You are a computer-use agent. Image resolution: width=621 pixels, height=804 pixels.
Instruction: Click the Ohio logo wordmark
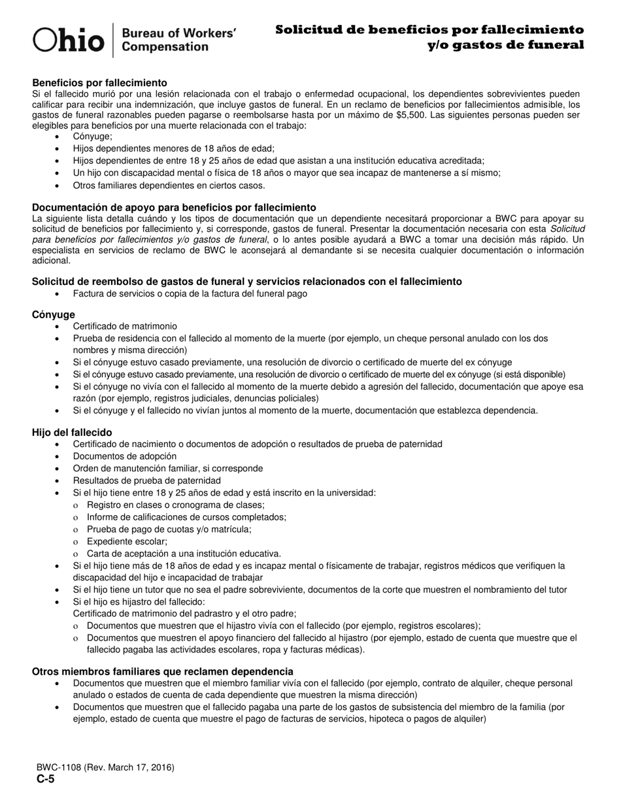(x=69, y=40)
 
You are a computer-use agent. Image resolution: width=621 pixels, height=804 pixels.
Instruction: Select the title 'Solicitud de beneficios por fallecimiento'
(x=429, y=29)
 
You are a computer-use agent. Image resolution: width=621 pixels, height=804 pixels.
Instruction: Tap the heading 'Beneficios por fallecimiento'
(x=99, y=83)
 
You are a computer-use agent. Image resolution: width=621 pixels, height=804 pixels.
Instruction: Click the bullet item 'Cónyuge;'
(x=92, y=137)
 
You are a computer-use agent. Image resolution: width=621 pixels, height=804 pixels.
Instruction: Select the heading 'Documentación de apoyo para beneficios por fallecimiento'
(x=174, y=207)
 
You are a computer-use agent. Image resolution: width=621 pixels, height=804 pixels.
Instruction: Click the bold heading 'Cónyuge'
(x=53, y=314)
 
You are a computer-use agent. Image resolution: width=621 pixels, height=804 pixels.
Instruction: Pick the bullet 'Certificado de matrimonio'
(x=125, y=326)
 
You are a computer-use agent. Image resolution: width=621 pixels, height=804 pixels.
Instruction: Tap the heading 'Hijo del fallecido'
(x=72, y=432)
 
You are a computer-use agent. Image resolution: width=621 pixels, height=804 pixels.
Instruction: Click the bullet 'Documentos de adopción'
(x=125, y=456)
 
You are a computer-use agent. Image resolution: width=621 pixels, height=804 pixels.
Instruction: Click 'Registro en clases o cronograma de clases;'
(x=175, y=505)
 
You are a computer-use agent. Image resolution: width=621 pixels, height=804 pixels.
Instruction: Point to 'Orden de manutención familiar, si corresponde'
(x=168, y=468)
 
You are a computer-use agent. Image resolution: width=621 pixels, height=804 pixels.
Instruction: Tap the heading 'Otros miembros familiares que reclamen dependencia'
(x=162, y=671)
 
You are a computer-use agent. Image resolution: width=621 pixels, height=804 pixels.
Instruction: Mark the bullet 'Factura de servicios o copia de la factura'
(x=190, y=293)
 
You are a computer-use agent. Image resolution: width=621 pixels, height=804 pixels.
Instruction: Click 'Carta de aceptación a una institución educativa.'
(x=184, y=553)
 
